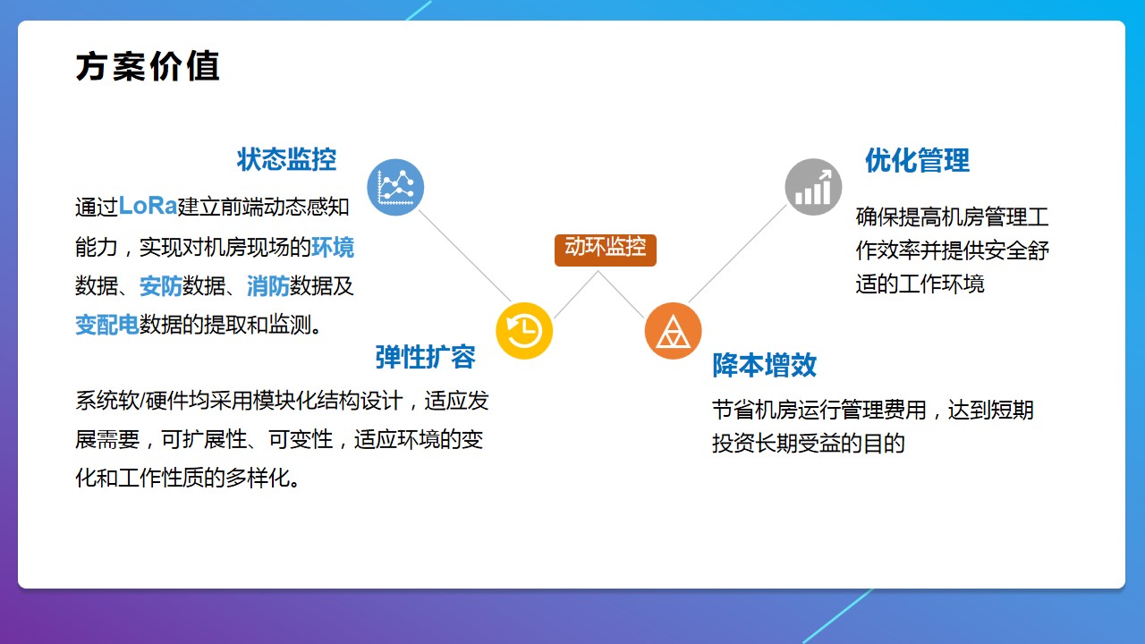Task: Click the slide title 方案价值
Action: [x=148, y=67]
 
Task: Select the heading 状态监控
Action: [x=286, y=159]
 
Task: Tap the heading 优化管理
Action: [x=917, y=161]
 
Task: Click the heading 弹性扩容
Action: [x=425, y=357]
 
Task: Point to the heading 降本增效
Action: [x=764, y=365]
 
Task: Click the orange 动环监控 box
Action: [x=606, y=249]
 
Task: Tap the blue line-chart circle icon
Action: [x=395, y=187]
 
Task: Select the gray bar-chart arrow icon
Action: [x=813, y=187]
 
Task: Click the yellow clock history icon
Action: [x=524, y=331]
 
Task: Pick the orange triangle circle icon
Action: [x=673, y=331]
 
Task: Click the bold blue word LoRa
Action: [x=148, y=206]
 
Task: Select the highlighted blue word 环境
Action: [x=333, y=247]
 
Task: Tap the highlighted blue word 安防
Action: [x=161, y=286]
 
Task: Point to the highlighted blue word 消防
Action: [x=268, y=286]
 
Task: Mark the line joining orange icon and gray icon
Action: [x=738, y=254]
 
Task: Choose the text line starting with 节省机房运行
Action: [x=872, y=411]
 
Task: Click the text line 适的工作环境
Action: [x=920, y=284]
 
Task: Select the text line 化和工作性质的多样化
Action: [x=188, y=479]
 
